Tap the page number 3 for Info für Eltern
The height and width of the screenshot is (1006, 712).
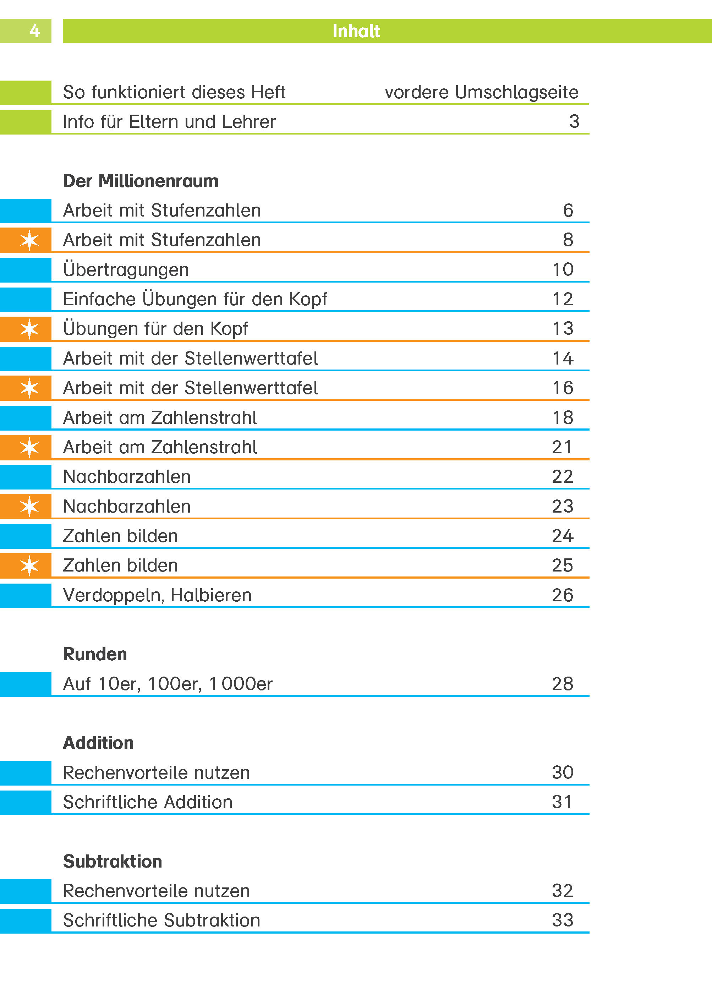pos(574,121)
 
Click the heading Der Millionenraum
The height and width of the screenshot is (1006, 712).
pos(141,181)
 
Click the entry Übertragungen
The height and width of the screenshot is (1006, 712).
pos(126,269)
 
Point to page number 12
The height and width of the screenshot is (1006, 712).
pos(563,299)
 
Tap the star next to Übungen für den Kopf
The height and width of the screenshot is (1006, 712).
pos(29,329)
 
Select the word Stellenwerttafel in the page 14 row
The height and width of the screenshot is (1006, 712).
pos(251,359)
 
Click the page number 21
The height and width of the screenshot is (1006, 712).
pos(562,447)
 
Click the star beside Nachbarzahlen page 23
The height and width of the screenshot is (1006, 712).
pos(29,507)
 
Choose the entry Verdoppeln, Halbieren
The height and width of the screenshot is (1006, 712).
pos(157,595)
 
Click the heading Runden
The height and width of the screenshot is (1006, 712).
pos(95,654)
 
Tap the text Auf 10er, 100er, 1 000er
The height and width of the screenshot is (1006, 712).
pos(168,684)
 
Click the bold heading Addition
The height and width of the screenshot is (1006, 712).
pos(98,743)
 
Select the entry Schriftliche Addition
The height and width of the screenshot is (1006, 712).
pos(148,802)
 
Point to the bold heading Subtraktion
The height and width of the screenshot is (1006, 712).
pos(113,861)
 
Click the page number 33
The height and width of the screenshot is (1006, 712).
pos(563,920)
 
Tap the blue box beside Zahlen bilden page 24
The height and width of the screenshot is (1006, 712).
pos(26,536)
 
